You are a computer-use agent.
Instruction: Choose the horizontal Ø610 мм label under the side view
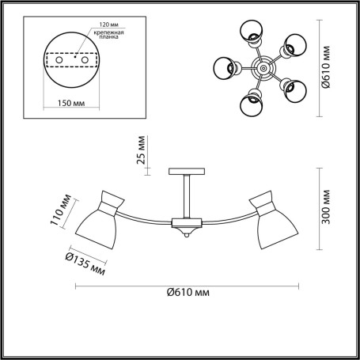pyautogui.click(x=188, y=292)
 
